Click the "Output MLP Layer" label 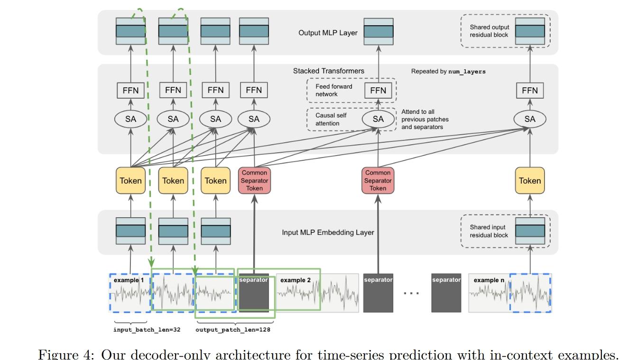click(x=328, y=33)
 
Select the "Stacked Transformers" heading click(x=329, y=71)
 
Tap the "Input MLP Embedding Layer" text click(x=328, y=232)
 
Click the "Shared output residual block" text click(x=489, y=31)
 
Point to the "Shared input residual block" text click(x=489, y=231)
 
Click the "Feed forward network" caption click(x=334, y=90)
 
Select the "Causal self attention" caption click(x=331, y=119)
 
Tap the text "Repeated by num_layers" click(x=448, y=71)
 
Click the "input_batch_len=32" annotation click(x=147, y=330)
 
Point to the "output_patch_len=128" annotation click(x=233, y=330)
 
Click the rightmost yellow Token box click(x=530, y=181)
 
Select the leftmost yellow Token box click(x=130, y=181)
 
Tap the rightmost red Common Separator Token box click(x=378, y=181)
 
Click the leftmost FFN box click(x=130, y=90)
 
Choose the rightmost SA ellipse click(x=530, y=119)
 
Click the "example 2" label click(x=295, y=280)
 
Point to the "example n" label click(x=489, y=280)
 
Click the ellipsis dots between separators click(x=411, y=293)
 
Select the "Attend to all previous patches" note click(x=425, y=119)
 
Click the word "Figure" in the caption click(x=58, y=355)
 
